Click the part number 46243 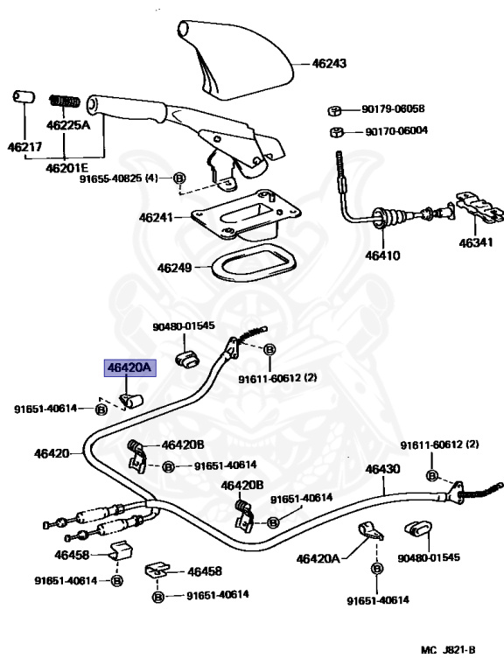coord(329,63)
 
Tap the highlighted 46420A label coord(129,367)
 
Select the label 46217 coord(24,147)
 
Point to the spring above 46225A coord(65,101)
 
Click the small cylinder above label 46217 coord(24,96)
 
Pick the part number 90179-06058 coord(393,108)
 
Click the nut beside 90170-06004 coord(337,131)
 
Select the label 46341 coord(476,243)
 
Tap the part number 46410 coord(382,255)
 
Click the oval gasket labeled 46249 coord(254,262)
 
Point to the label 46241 coord(156,218)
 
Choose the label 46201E coord(66,168)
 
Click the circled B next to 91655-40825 coord(179,178)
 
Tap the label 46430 coord(382,469)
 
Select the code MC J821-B coord(448,650)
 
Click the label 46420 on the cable coord(52,453)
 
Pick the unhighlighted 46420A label coord(318,559)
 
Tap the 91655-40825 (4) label coord(119,178)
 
